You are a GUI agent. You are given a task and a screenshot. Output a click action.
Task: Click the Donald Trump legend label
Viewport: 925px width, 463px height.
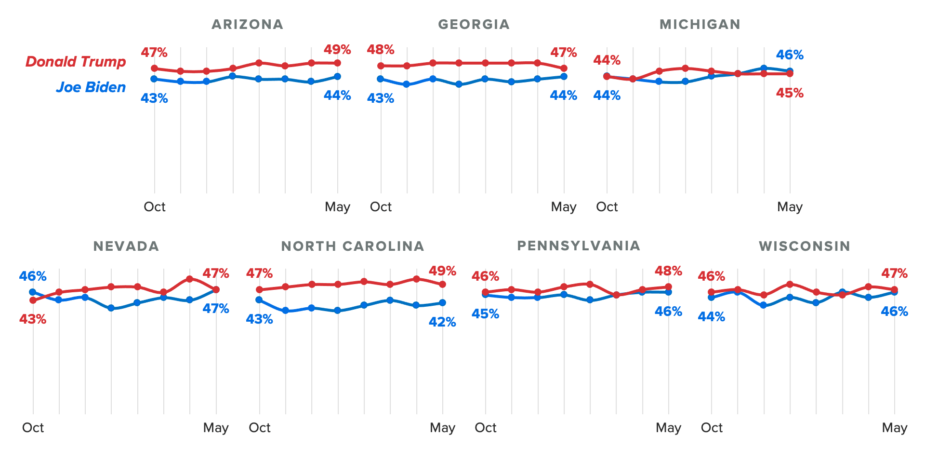[76, 62]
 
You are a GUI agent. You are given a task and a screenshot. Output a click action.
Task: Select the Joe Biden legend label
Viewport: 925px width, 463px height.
[91, 87]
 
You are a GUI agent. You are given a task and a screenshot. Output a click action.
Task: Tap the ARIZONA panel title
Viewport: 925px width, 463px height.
[247, 25]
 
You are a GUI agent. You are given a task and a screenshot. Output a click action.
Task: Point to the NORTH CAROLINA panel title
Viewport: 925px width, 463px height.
[353, 246]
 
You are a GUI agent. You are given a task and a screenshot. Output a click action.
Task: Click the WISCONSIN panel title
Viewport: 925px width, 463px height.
[805, 246]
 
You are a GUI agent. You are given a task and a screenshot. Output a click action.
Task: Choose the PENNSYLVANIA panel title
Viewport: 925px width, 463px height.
[579, 246]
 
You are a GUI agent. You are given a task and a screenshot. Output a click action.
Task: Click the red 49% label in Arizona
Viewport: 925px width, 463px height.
[337, 50]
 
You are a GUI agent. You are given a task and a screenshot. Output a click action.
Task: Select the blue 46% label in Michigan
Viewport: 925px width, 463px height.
[790, 55]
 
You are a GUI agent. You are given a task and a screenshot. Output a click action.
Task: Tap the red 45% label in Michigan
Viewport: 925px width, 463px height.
[790, 93]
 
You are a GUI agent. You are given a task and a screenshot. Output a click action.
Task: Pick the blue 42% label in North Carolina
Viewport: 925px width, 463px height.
[442, 322]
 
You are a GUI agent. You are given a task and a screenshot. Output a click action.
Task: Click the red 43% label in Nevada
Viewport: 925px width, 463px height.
[33, 319]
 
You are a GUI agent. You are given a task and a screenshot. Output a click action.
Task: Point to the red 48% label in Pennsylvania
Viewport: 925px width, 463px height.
[668, 271]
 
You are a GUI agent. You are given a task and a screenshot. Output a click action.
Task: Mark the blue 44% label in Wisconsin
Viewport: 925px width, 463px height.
[712, 317]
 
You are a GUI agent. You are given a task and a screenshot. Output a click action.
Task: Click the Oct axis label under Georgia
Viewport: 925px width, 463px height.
[381, 207]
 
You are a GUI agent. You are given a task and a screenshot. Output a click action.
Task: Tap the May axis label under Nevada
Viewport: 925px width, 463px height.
[216, 428]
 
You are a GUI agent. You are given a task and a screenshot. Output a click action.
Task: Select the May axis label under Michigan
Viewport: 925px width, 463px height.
[790, 207]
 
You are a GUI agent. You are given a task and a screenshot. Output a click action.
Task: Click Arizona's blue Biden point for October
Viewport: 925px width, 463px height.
[154, 79]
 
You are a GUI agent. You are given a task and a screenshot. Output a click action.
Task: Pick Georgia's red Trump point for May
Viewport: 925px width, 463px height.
[564, 68]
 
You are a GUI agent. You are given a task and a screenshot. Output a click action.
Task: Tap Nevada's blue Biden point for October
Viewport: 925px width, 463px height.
[33, 292]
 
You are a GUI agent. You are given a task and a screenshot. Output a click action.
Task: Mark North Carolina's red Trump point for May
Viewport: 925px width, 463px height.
[442, 284]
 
